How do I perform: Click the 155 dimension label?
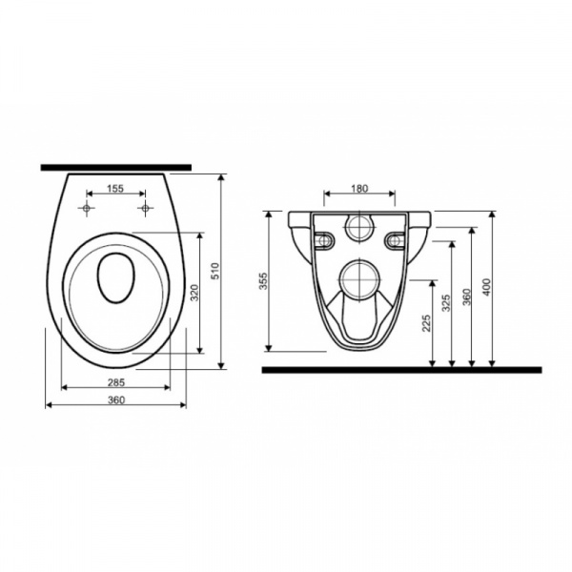coord(115,188)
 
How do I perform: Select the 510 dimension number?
coord(215,271)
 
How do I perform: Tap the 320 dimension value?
coord(194,293)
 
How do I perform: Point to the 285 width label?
coord(116,382)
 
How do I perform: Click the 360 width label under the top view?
coord(116,400)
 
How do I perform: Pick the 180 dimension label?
coord(359,188)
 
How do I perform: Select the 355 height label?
coord(263,281)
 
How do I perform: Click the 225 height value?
coord(426,323)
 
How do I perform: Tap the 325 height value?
coord(446,303)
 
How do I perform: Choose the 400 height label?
coord(486,287)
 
